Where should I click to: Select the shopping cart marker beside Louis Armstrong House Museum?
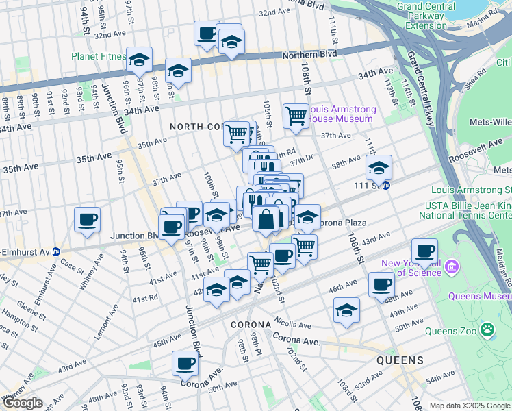(296, 116)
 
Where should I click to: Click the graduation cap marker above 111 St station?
(379, 167)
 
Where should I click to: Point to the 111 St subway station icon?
(386, 186)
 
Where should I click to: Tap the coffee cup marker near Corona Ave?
(185, 364)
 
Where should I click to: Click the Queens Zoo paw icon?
(487, 329)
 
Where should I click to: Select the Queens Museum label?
(479, 297)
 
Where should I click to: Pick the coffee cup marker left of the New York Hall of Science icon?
(424, 251)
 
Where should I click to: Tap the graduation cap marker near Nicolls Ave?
(346, 310)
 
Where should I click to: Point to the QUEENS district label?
(400, 360)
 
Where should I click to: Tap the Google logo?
(23, 403)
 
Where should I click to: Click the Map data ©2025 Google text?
(470, 406)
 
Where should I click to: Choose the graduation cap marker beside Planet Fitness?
(140, 60)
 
